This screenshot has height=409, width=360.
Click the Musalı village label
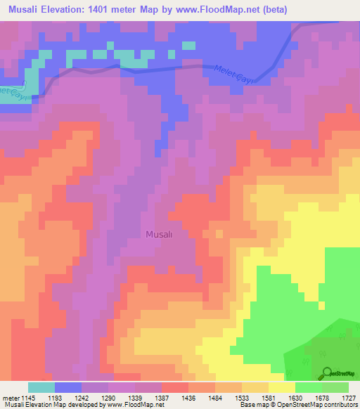(x=159, y=235)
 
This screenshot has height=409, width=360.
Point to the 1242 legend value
(x=82, y=398)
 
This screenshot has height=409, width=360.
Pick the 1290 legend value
(x=110, y=398)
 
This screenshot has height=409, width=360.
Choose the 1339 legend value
(x=137, y=398)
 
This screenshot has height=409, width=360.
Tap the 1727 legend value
(x=349, y=398)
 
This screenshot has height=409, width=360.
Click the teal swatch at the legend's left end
(x=41, y=387)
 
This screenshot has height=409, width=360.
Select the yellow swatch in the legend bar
(x=281, y=387)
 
